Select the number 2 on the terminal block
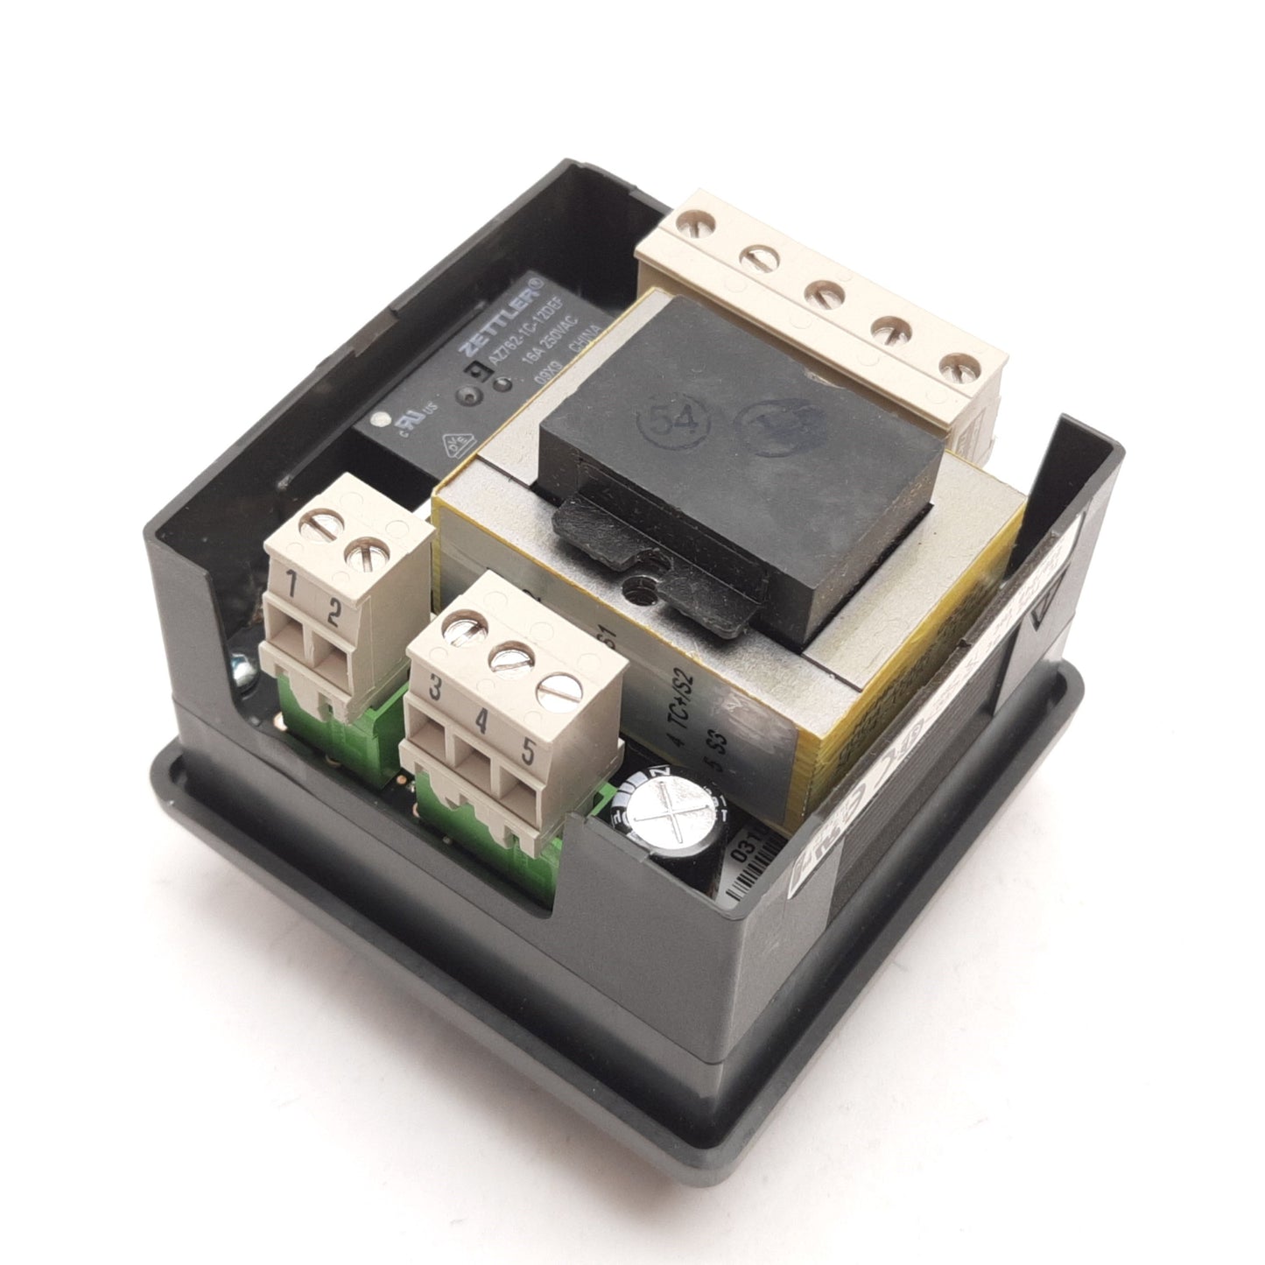[x=333, y=610]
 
